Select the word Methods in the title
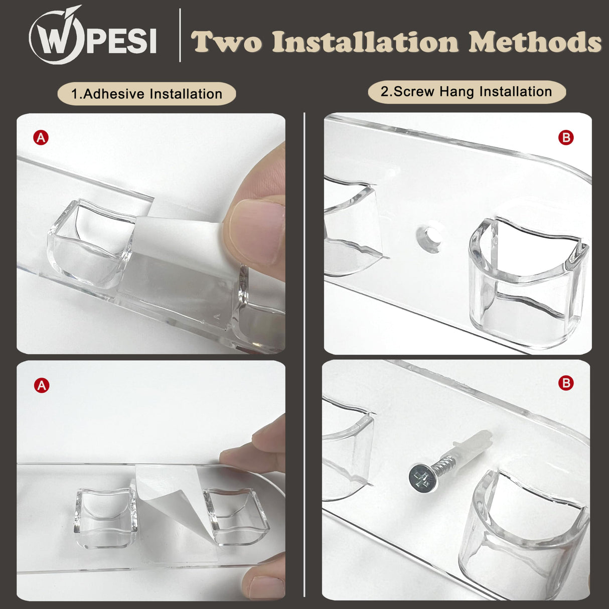coord(535,42)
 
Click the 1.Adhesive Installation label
coord(146,94)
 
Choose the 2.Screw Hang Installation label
coord(467,92)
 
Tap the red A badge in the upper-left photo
coord(41,137)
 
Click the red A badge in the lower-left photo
coord(42,385)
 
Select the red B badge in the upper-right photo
coord(566,137)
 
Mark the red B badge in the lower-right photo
coord(566,383)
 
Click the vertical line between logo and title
coord(180,35)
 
